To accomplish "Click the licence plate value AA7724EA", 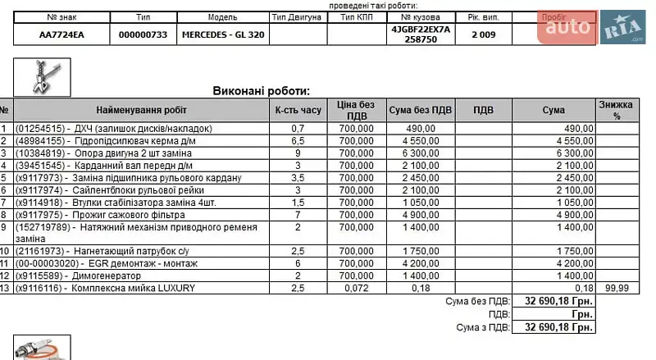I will click(61, 34).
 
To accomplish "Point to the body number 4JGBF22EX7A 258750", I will click(421, 34).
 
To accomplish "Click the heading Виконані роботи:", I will click(262, 91).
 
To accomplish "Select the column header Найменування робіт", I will click(141, 110).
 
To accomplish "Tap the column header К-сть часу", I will click(298, 110).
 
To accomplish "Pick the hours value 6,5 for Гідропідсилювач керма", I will click(298, 141).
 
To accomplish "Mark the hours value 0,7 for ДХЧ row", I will click(298, 129).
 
